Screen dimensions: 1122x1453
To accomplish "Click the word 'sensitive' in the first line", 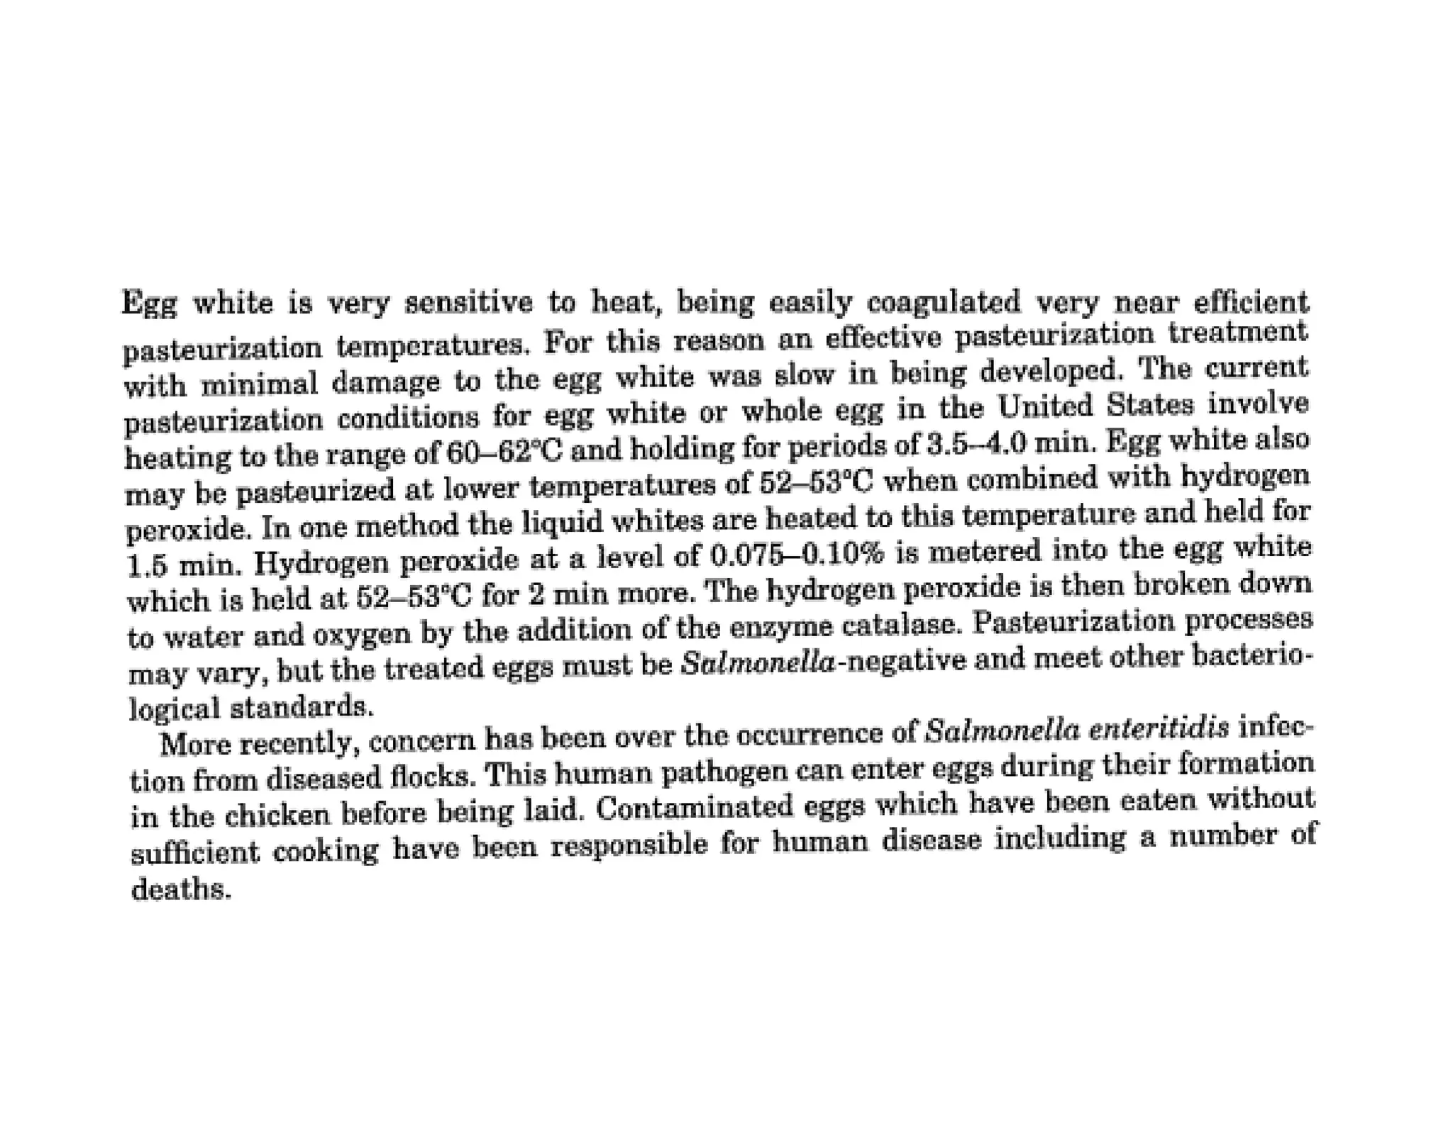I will point(468,304).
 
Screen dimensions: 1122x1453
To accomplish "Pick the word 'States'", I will point(1151,404).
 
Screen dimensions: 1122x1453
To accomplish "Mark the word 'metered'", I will point(982,551).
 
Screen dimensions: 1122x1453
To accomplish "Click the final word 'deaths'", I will point(181,889).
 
